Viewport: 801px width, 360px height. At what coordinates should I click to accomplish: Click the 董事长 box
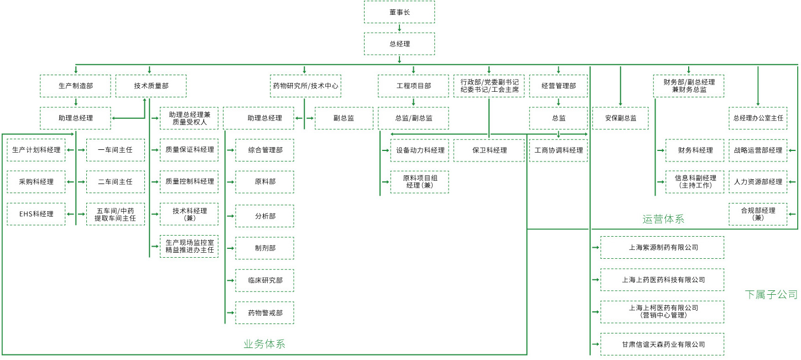coord(399,12)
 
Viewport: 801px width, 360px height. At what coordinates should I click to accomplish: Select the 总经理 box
coord(399,44)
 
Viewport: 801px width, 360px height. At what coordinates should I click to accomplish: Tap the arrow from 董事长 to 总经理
coord(399,28)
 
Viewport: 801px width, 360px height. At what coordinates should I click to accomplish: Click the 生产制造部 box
coord(75,86)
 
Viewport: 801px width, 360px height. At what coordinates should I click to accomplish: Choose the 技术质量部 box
coord(151,86)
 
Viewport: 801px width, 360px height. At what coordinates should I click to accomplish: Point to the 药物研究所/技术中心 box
coord(305,86)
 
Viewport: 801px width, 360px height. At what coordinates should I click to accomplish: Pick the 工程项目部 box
coord(413,86)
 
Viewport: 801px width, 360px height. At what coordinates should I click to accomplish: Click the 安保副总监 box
coord(620,118)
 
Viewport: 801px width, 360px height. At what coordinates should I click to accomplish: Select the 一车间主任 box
coord(116,150)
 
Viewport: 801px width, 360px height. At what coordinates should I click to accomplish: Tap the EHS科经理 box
coord(36,214)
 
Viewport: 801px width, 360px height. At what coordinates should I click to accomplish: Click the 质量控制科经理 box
coord(189,181)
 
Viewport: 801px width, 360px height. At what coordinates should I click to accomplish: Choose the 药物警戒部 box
coord(264,312)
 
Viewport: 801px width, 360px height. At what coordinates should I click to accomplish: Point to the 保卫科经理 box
coord(489,150)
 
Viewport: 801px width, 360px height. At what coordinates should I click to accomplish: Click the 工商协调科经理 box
coord(558,150)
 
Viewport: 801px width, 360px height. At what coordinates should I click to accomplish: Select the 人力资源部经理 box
coord(757,181)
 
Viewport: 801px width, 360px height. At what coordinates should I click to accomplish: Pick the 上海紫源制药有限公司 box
coord(662,247)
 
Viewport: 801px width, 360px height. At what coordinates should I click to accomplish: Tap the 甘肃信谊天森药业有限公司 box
coord(662,344)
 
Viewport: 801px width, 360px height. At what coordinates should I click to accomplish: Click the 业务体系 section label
coord(264,344)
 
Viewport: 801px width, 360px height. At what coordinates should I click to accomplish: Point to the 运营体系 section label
coord(663,219)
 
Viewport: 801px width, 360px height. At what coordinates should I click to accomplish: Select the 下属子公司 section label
coord(771,294)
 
